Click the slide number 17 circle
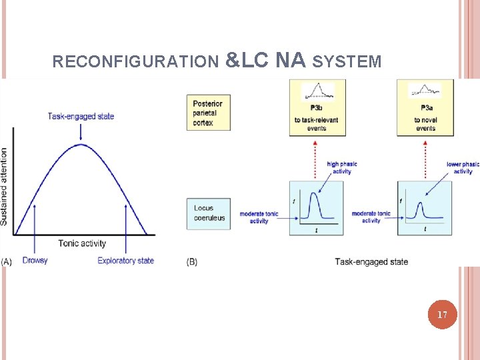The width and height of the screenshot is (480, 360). click(443, 314)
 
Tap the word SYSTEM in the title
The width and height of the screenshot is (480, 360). click(347, 62)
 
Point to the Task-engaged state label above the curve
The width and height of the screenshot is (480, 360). click(81, 116)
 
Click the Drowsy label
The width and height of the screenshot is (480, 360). click(35, 260)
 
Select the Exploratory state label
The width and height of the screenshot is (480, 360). click(125, 260)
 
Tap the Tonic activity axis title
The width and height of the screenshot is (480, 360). click(82, 243)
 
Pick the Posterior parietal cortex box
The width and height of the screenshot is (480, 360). click(207, 113)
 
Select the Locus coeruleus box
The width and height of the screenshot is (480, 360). click(209, 213)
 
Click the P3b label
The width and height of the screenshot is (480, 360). click(317, 107)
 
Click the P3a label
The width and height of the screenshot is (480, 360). click(426, 107)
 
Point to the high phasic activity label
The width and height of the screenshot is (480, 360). click(342, 167)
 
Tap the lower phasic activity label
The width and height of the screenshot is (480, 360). click(463, 167)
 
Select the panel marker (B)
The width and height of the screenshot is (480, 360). click(192, 261)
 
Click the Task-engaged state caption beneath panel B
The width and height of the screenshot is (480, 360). click(371, 261)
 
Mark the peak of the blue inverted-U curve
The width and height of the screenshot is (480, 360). click(81, 145)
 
